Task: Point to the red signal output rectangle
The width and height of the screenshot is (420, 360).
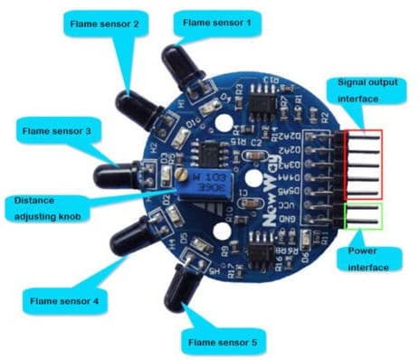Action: point(361,163)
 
